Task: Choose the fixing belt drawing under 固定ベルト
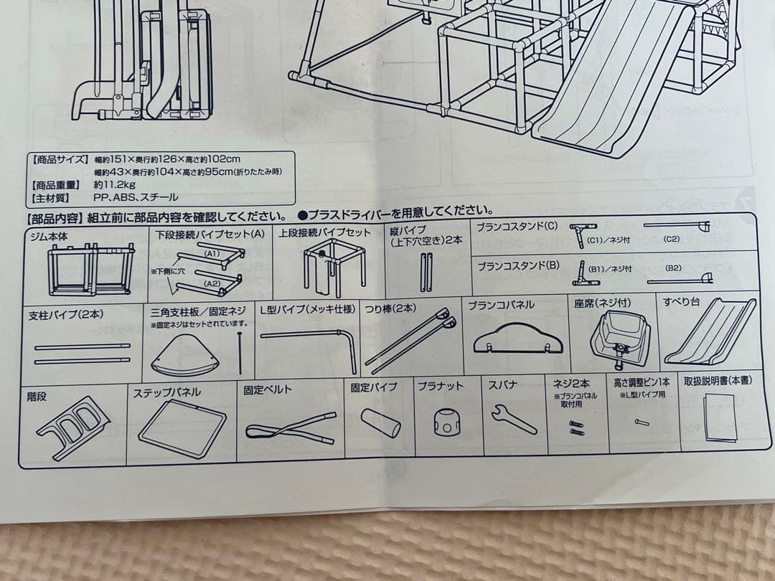click(x=288, y=429)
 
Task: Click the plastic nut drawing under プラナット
click(x=448, y=422)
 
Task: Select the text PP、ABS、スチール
click(x=136, y=197)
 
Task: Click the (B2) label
click(x=674, y=268)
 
